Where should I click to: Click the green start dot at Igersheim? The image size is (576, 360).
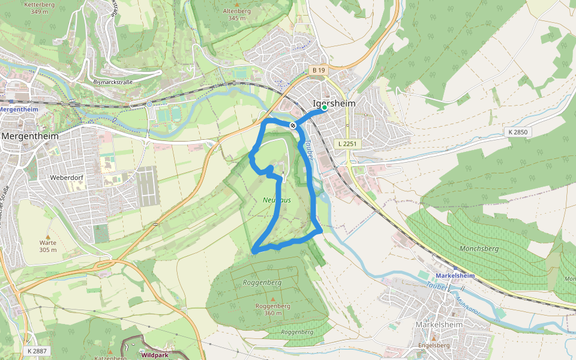click(325, 108)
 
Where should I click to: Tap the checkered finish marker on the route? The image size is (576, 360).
click(293, 125)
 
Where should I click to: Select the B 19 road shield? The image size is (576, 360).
click(319, 71)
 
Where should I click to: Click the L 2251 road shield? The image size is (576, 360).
click(347, 144)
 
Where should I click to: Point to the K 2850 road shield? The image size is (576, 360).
click(519, 132)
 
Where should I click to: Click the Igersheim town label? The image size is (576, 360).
click(334, 103)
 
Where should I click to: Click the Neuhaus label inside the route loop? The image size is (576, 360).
click(277, 200)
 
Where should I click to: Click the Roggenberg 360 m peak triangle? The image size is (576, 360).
click(273, 299)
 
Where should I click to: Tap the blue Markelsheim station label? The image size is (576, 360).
click(455, 275)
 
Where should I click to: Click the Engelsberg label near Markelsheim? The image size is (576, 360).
click(433, 346)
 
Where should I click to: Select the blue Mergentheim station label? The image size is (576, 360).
click(18, 109)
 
